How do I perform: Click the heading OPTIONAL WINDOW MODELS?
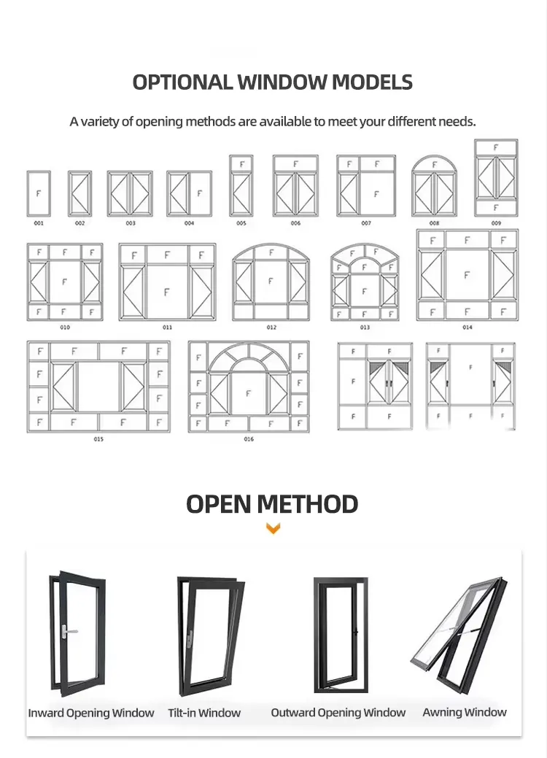273,82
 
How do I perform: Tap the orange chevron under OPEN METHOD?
273,529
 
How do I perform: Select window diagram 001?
39,193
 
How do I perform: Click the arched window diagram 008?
434,186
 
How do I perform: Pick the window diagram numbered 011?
167,282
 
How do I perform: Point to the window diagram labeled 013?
365,282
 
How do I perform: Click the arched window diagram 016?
249,387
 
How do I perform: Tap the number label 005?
241,223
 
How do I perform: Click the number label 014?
467,328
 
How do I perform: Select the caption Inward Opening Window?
91,713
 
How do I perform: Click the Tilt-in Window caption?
204,713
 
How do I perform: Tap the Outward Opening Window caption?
338,713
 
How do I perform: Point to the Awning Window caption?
465,712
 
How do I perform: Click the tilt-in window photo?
209,635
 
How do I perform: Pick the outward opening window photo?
336,633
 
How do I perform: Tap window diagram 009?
496,177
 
